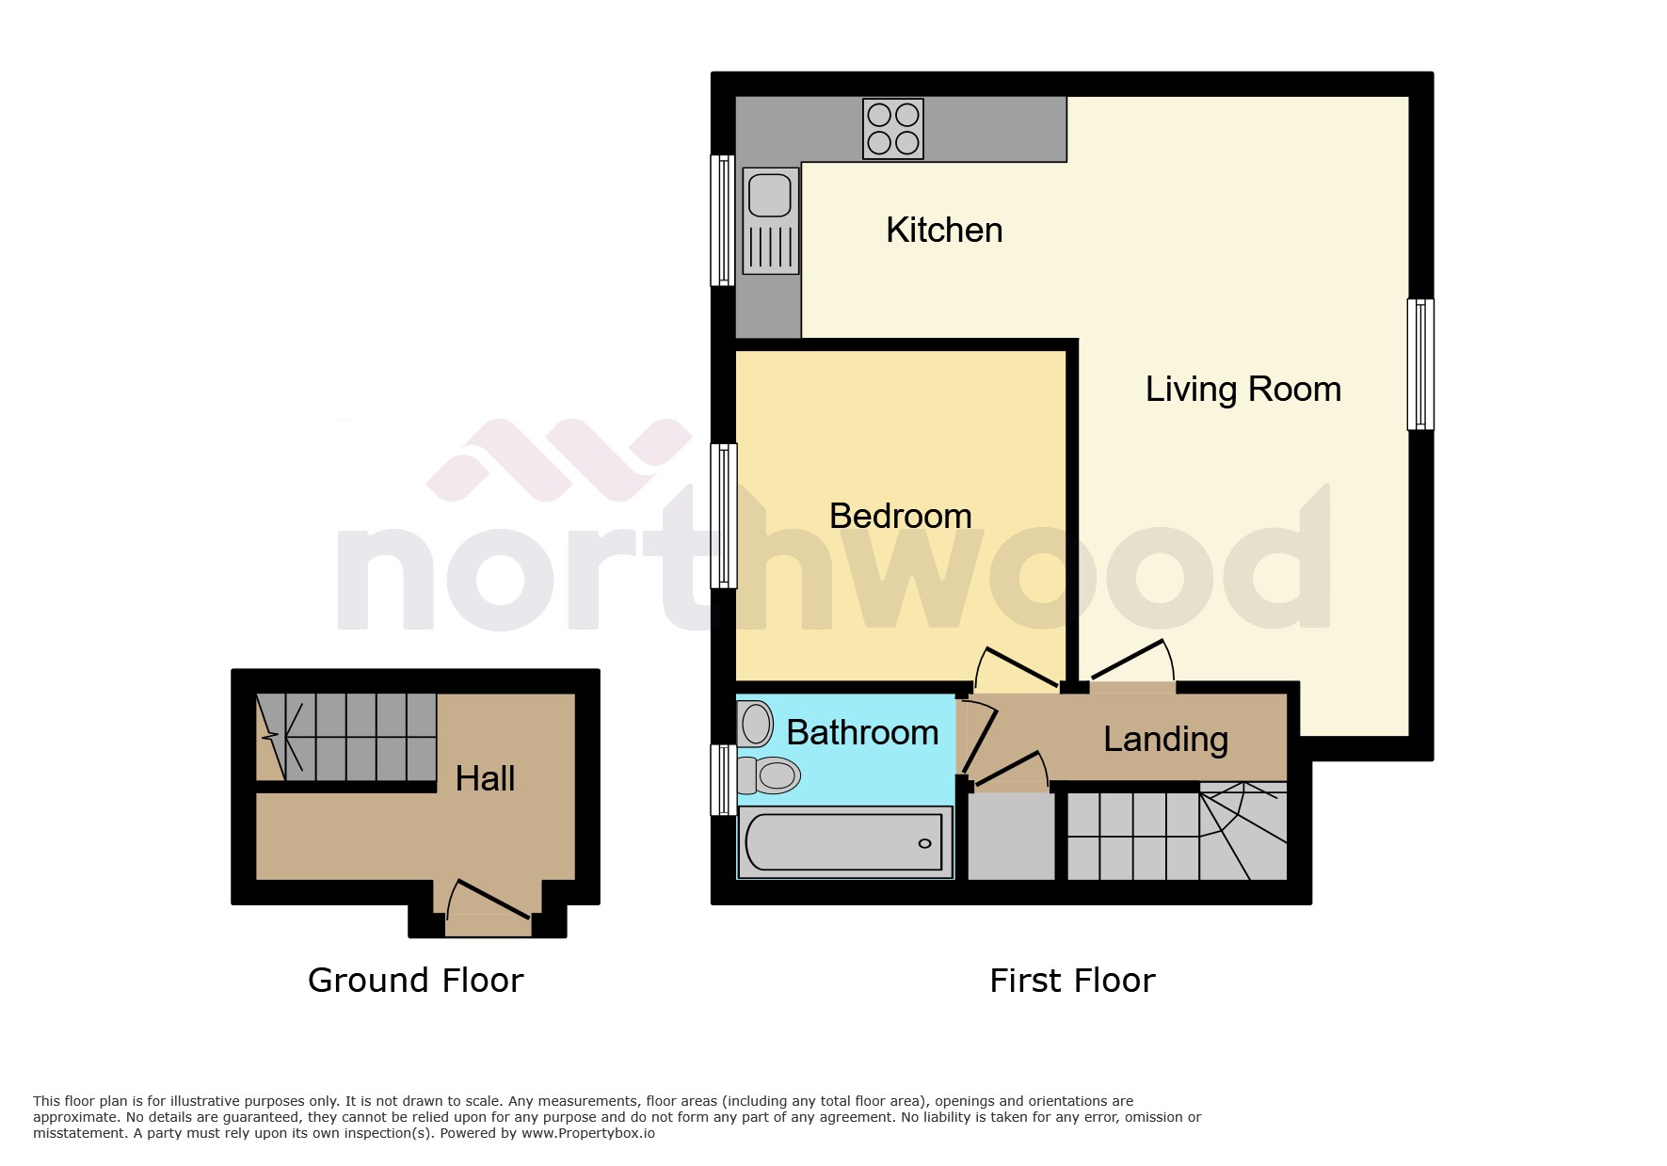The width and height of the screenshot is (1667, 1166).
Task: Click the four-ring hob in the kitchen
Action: [892, 129]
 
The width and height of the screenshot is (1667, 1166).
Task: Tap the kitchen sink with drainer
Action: [771, 220]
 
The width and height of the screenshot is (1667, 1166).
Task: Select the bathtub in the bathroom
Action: [845, 842]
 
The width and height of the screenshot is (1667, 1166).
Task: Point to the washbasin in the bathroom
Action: [755, 724]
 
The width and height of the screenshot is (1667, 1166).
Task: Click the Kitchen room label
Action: [944, 230]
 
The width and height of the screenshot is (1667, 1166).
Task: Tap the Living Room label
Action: [1242, 389]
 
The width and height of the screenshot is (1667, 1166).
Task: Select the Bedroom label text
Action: [900, 516]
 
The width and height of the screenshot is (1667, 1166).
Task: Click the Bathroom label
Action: [862, 732]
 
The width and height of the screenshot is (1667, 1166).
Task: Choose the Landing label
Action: [1165, 739]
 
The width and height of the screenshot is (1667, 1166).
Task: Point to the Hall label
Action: [485, 778]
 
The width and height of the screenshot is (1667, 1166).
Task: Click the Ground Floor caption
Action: [415, 981]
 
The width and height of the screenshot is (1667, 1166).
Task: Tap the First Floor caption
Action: [1072, 981]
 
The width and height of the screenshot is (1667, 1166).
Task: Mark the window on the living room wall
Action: [1420, 364]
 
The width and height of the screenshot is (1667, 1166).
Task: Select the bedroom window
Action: [723, 516]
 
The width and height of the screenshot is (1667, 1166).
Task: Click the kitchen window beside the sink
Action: [722, 220]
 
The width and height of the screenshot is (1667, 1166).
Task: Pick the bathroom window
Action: [723, 779]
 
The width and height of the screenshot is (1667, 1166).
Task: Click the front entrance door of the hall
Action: [489, 907]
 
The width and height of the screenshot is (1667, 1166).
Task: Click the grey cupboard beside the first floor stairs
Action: [1011, 837]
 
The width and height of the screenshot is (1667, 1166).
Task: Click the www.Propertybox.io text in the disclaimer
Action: [588, 1133]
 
